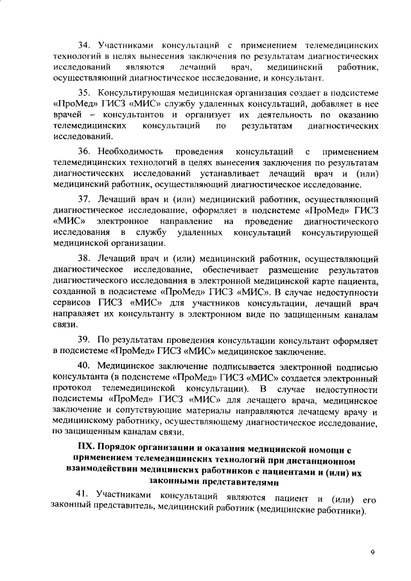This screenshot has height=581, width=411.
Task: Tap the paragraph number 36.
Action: click(84, 151)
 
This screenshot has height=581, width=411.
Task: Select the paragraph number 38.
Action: click(84, 257)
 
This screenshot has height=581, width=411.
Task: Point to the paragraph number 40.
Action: click(84, 365)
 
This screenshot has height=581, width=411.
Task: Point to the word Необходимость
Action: click(131, 151)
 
